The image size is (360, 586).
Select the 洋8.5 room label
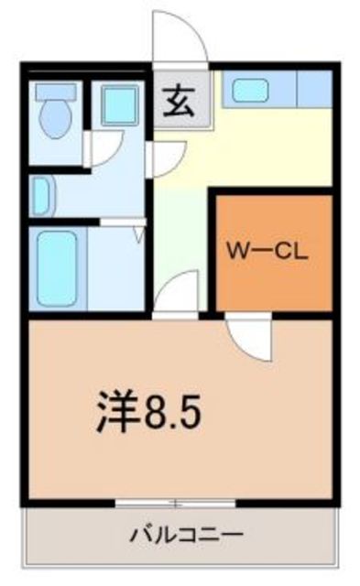[148, 413]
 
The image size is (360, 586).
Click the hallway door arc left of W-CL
[179, 293]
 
